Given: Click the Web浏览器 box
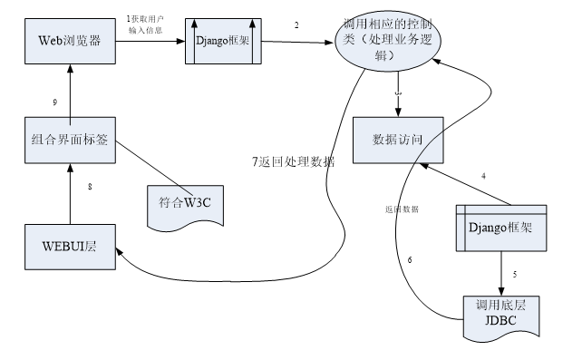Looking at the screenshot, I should (70, 41).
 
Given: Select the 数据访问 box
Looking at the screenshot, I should (398, 141).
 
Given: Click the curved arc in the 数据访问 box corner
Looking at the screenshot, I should (429, 145).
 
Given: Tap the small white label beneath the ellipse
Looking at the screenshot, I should (397, 92).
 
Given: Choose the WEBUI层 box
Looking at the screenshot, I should (70, 247).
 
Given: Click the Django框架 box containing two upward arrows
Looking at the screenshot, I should (224, 42).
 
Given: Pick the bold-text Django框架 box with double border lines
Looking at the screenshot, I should (501, 228).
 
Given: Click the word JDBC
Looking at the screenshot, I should (500, 320).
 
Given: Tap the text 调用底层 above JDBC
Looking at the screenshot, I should (500, 306).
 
